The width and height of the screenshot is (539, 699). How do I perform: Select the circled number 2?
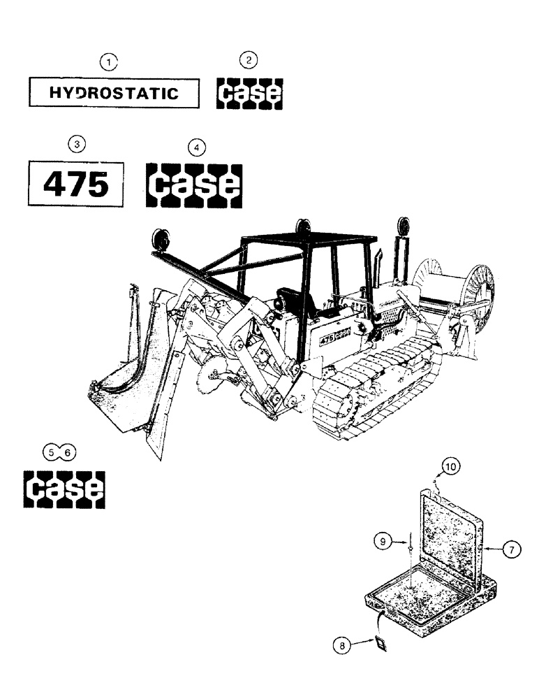coord(250,62)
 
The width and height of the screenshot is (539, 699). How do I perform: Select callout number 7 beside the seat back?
coord(510,550)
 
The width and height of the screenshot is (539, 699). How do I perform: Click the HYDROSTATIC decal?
coord(114,93)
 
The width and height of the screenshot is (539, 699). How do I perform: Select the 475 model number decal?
coord(76,184)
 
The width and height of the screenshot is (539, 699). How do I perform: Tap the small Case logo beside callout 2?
coord(250,93)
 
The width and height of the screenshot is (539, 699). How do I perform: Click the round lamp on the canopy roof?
coord(303,227)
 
